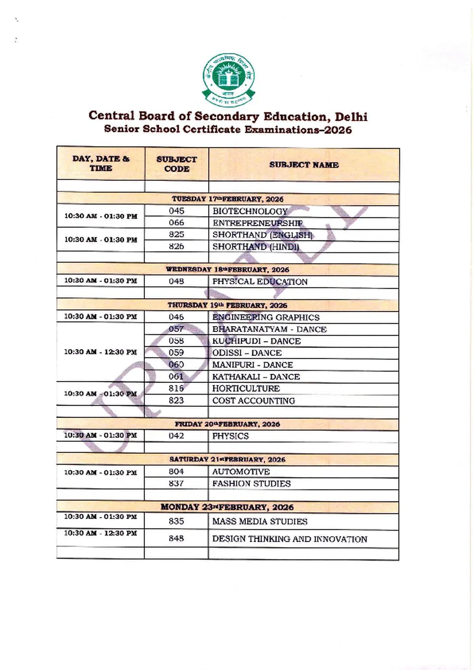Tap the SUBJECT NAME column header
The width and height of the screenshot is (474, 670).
[304, 165]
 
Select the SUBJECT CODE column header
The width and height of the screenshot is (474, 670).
[176, 164]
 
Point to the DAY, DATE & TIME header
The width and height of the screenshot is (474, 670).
[101, 163]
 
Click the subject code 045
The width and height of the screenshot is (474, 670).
[176, 211]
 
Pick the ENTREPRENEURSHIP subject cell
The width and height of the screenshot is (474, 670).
[257, 223]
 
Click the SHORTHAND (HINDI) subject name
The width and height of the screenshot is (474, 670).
[256, 247]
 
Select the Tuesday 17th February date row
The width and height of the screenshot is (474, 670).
[227, 199]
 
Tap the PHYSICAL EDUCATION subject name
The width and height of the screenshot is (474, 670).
[260, 282]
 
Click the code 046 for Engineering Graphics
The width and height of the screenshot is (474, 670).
[176, 317]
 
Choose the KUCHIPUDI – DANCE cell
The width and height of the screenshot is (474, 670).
[256, 341]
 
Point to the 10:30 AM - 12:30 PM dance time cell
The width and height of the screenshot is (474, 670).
[100, 352]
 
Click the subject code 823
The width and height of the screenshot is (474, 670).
[176, 401]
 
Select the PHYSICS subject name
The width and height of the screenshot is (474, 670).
[231, 436]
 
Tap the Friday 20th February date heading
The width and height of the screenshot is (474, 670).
[227, 424]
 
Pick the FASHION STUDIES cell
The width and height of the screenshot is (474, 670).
[251, 484]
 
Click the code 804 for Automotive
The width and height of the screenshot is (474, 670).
[176, 472]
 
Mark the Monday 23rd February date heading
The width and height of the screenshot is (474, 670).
[227, 507]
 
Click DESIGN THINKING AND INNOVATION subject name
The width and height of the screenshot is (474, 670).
[290, 539]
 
